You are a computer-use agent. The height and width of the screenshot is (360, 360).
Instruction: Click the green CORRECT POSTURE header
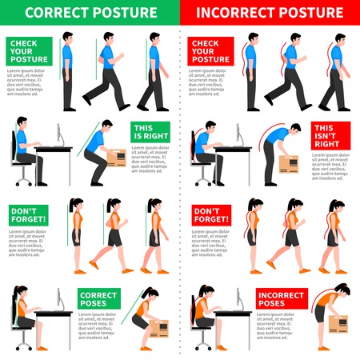coord(90,14)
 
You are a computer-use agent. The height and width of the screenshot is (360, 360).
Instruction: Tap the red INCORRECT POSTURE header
coord(270,14)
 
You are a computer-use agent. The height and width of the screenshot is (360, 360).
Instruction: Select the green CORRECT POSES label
coord(98,300)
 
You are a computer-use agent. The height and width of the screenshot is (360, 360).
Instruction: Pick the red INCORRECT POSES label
coord(280,300)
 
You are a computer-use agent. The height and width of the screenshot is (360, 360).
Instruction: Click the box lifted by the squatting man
coord(116,158)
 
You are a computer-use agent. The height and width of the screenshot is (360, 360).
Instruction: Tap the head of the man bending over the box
coord(295,129)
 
